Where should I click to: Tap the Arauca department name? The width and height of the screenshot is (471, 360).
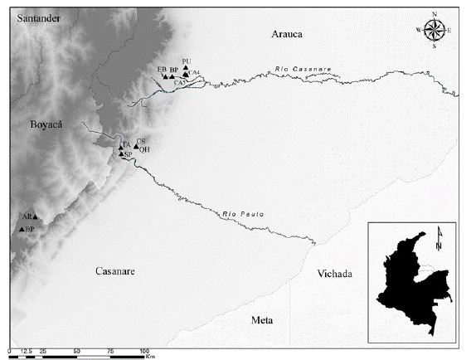288,34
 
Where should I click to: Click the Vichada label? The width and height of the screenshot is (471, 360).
335,275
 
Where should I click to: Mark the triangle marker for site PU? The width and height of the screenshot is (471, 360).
186,68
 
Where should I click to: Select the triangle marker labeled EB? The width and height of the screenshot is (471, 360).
165,76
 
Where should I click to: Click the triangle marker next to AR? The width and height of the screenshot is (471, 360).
35,216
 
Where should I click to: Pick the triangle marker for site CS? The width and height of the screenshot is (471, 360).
135,147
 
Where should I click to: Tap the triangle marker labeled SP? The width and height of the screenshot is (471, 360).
121,154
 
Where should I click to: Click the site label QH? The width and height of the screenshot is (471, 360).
143,150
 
